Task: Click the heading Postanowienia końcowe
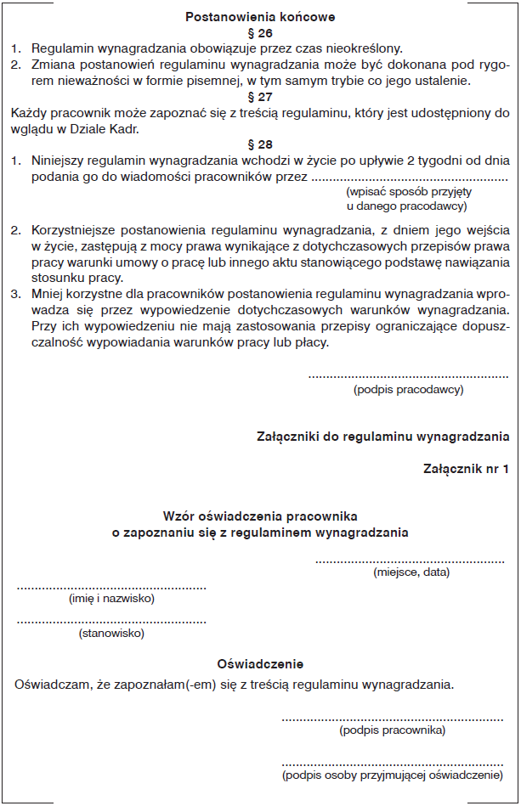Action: pyautogui.click(x=260, y=16)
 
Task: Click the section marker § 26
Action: pyautogui.click(x=259, y=32)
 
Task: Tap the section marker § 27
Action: pyautogui.click(x=259, y=96)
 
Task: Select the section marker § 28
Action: pyautogui.click(x=259, y=144)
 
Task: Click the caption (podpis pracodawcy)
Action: pyautogui.click(x=408, y=389)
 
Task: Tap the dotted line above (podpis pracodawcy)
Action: pyautogui.click(x=408, y=375)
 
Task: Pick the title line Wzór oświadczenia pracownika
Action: pyautogui.click(x=260, y=516)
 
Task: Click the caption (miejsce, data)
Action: pyautogui.click(x=411, y=572)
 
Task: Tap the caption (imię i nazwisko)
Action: pyautogui.click(x=111, y=599)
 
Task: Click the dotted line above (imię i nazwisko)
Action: pyautogui.click(x=111, y=587)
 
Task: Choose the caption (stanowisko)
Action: pyautogui.click(x=111, y=633)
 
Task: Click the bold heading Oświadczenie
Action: pyautogui.click(x=260, y=664)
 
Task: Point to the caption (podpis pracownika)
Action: pyautogui.click(x=392, y=730)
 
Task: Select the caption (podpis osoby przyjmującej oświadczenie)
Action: pyautogui.click(x=392, y=775)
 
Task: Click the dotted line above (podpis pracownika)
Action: pyautogui.click(x=392, y=719)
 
